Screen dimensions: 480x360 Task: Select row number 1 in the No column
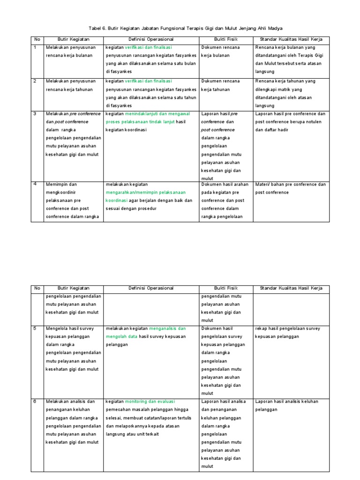(34, 47)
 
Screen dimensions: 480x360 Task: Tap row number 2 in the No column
(34, 81)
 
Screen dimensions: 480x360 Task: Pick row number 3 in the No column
(34, 113)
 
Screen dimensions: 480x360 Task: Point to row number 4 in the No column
(34, 184)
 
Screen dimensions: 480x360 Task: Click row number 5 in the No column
(34, 328)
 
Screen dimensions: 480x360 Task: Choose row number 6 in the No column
(34, 401)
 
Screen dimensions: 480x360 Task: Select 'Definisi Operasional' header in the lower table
(151, 288)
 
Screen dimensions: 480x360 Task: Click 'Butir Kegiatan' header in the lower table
(73, 288)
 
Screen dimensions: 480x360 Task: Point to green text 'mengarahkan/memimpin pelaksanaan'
(145, 192)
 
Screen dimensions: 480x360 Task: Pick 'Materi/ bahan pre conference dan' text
(290, 184)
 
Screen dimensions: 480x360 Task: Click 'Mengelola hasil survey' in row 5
(70, 328)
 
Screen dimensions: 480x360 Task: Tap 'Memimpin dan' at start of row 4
(60, 184)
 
